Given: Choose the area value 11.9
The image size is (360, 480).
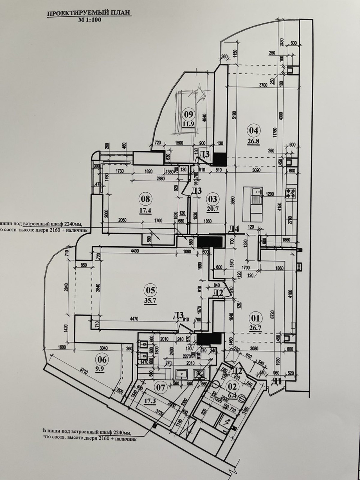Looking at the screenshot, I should [188, 124].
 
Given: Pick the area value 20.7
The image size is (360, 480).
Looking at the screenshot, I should [212, 208].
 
